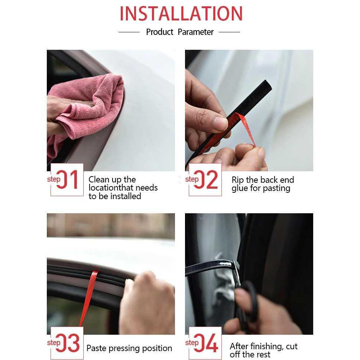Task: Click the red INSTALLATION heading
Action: coord(181,14)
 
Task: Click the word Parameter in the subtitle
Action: coord(195,32)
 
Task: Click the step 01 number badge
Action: coord(67,180)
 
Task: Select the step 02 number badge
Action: coord(205,180)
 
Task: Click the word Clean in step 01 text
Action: coord(99,180)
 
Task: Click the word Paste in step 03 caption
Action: coord(97,348)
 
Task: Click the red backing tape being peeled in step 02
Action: coord(247,128)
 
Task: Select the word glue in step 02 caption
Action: coord(240,188)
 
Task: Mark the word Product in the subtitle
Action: coord(160,32)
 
